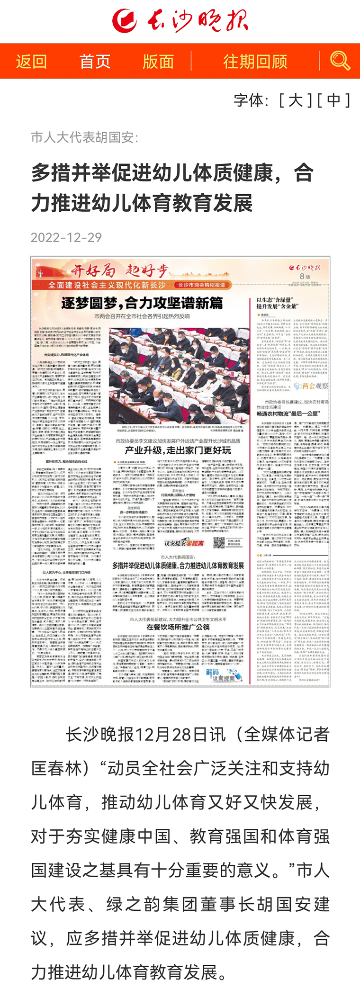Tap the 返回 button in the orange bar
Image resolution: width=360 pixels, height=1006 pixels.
click(31, 62)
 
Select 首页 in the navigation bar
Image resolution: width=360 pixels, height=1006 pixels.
click(95, 62)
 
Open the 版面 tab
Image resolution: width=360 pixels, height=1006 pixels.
click(158, 62)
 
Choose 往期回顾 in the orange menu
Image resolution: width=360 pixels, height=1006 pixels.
click(255, 62)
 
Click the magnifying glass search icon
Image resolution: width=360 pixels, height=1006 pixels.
click(340, 61)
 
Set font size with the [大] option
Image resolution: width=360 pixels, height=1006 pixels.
click(295, 100)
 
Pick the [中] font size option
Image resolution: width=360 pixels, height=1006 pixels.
click(333, 100)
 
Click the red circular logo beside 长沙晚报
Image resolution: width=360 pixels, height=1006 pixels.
click(124, 21)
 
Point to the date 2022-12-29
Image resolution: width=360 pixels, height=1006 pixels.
click(66, 237)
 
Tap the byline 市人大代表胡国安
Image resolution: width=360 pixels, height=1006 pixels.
click(84, 137)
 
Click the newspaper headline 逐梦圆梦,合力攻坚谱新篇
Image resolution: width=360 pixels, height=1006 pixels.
click(142, 303)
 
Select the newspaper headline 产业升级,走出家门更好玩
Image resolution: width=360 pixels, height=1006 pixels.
click(178, 450)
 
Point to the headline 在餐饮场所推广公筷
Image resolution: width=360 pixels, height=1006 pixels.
click(178, 627)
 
